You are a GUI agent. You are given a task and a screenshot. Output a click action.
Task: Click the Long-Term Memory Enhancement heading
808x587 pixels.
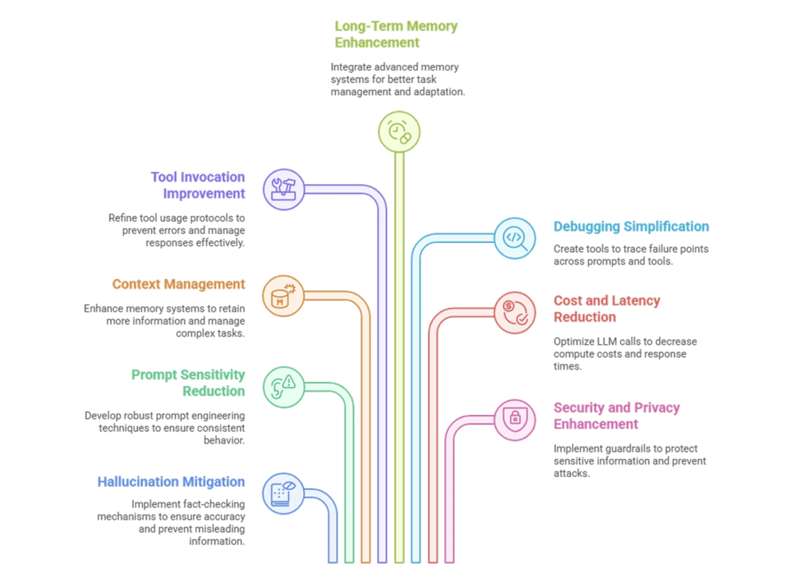coord(396,34)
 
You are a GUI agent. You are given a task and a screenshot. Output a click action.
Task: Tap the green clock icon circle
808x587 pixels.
coord(399,132)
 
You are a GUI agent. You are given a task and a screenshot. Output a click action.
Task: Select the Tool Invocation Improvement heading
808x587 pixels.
coord(198,185)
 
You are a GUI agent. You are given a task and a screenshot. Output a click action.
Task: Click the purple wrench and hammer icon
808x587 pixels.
coord(284,189)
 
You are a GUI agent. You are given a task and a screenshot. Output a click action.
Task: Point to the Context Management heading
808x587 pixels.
coord(178,284)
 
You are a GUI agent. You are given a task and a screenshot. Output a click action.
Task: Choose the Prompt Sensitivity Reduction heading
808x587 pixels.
coord(188,383)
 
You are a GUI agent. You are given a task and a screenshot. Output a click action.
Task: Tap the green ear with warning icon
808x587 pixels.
coord(284,387)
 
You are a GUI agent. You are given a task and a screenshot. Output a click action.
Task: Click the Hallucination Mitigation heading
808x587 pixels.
coord(171,482)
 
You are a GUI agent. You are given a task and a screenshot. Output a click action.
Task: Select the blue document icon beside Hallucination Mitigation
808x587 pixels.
coord(284,494)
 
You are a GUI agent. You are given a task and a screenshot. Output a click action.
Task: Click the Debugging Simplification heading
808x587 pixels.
coord(631,227)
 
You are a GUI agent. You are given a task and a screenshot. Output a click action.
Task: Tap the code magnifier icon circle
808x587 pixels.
coord(515,238)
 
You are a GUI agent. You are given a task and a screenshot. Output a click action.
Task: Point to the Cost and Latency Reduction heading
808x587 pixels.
coord(607,309)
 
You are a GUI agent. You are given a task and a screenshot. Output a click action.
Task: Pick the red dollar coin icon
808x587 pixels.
coord(515,313)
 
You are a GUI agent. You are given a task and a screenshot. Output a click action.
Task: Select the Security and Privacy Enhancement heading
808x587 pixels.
coord(616,416)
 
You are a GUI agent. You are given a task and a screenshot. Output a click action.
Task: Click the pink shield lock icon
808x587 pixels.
coord(515,419)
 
